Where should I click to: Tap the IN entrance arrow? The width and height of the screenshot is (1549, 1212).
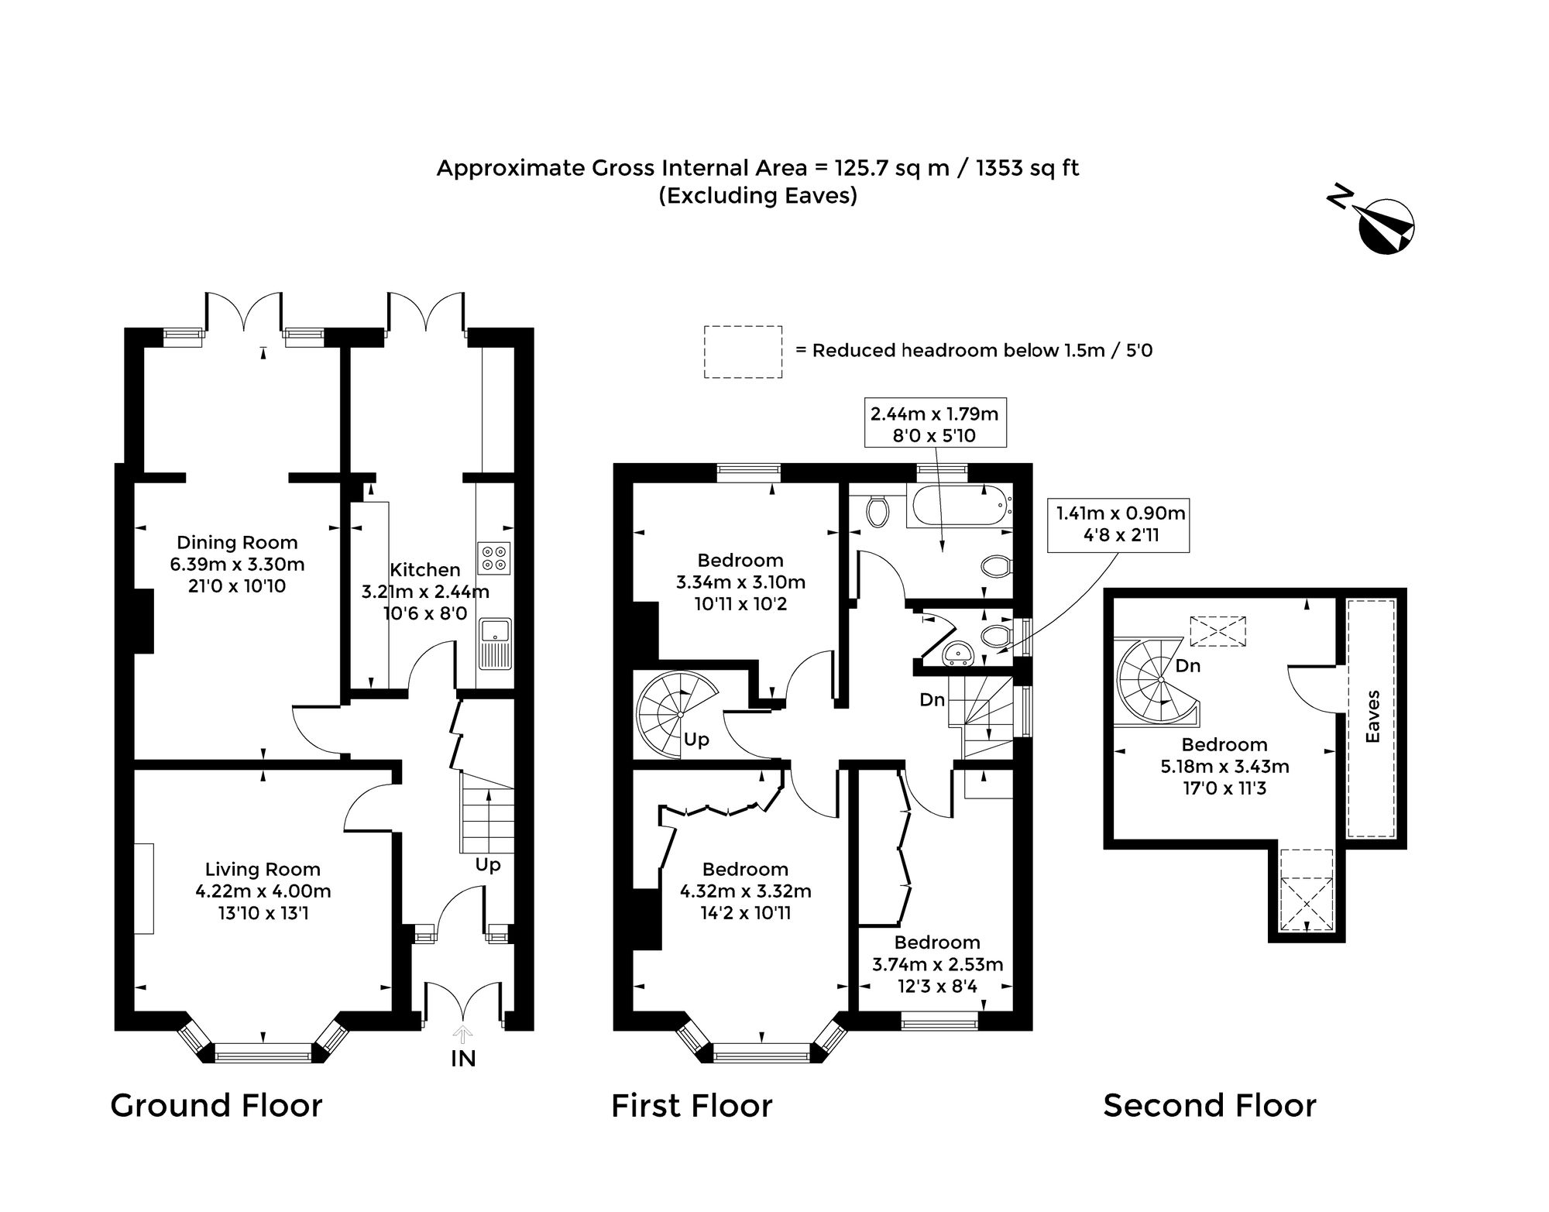463,1033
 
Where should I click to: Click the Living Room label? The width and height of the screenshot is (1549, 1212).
263,870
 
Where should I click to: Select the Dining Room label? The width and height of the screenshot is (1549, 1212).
237,542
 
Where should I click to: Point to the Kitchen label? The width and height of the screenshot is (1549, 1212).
424,570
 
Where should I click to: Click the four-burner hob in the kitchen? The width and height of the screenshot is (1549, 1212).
494,558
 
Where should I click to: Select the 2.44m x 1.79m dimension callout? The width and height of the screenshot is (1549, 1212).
935,424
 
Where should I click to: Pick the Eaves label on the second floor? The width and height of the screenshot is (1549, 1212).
1372,716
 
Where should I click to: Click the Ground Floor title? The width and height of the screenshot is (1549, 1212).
216,1105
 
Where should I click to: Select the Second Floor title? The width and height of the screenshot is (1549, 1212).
1209,1105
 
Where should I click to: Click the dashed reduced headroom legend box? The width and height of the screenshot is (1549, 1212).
743,352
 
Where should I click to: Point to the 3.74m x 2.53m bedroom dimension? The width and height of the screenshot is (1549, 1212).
937,965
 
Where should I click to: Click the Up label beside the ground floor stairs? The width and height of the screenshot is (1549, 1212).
488,864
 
